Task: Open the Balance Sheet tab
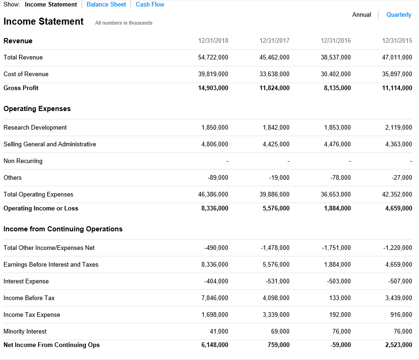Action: pos(106,5)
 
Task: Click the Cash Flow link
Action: pos(150,5)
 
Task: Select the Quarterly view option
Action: pos(399,15)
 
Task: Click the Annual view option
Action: pos(361,15)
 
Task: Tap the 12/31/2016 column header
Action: pos(336,41)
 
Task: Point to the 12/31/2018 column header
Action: pos(213,41)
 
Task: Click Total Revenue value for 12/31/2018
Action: pos(213,58)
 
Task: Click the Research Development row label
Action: pos(35,128)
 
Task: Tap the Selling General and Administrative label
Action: pos(50,144)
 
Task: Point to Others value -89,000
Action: pos(218,178)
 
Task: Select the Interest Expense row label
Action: pos(26,281)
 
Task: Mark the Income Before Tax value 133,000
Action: pos(340,298)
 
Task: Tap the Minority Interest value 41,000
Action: pos(219,332)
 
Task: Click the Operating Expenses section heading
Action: pos(37,109)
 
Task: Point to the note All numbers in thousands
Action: pos(124,23)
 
